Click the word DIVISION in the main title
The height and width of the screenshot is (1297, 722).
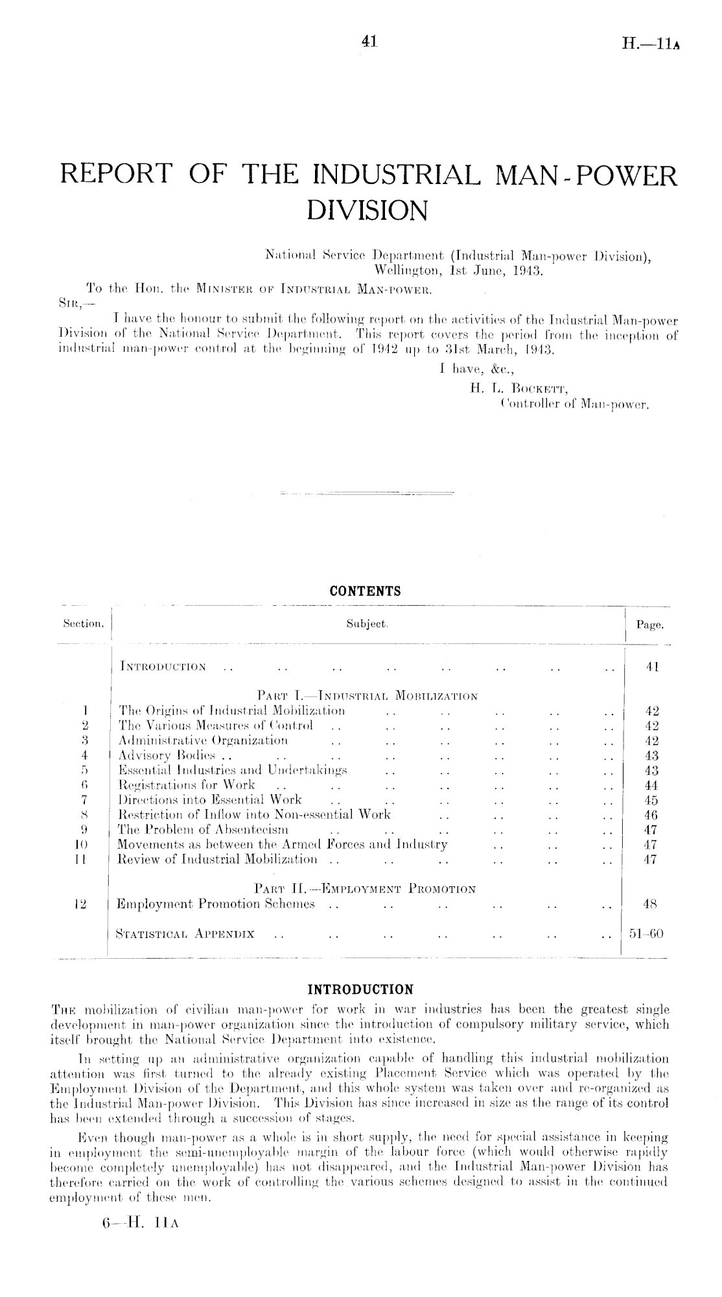367,210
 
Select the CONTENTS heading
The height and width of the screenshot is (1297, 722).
365,591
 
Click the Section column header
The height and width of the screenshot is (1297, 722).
83,625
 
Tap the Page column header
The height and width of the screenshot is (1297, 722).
649,625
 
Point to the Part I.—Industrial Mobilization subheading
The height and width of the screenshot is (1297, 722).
367,696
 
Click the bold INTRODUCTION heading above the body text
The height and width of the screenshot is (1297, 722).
360,989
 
